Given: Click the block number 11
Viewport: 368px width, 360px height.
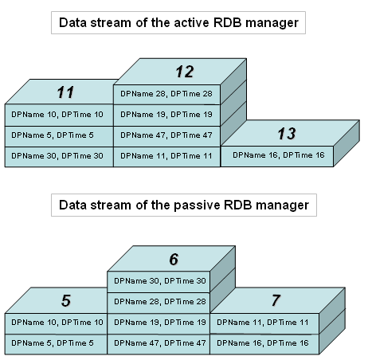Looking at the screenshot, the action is click(x=65, y=92).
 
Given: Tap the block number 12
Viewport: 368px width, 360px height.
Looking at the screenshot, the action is click(x=185, y=72).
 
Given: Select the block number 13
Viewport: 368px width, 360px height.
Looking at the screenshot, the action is click(x=287, y=133).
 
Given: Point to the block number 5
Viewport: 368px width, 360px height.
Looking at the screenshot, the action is click(x=66, y=301).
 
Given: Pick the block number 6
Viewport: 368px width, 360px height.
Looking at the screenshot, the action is click(x=174, y=259).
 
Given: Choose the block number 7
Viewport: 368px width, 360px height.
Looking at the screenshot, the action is click(x=276, y=300).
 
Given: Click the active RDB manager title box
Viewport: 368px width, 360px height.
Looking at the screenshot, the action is click(x=178, y=22).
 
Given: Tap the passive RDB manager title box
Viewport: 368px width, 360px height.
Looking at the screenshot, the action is click(x=184, y=205).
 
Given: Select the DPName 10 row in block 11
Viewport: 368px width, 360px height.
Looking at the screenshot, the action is click(x=59, y=115).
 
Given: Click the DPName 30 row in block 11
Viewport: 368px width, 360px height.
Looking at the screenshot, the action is click(x=59, y=157).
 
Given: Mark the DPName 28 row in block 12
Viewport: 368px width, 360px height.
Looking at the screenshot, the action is click(x=166, y=95).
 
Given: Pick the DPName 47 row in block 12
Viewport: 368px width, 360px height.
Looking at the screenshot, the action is click(x=166, y=136).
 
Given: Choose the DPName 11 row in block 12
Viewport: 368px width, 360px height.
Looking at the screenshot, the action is click(x=166, y=157).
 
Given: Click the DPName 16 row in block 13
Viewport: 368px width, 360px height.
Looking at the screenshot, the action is click(x=277, y=156).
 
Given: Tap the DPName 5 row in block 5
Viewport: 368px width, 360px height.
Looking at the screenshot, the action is click(x=56, y=344).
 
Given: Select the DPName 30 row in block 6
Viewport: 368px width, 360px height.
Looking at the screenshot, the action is click(x=159, y=282).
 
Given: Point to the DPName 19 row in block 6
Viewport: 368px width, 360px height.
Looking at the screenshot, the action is click(x=159, y=323).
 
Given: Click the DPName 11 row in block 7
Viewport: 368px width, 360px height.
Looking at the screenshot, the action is click(x=264, y=323).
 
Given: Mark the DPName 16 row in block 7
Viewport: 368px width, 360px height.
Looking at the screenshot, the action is click(x=264, y=344).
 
